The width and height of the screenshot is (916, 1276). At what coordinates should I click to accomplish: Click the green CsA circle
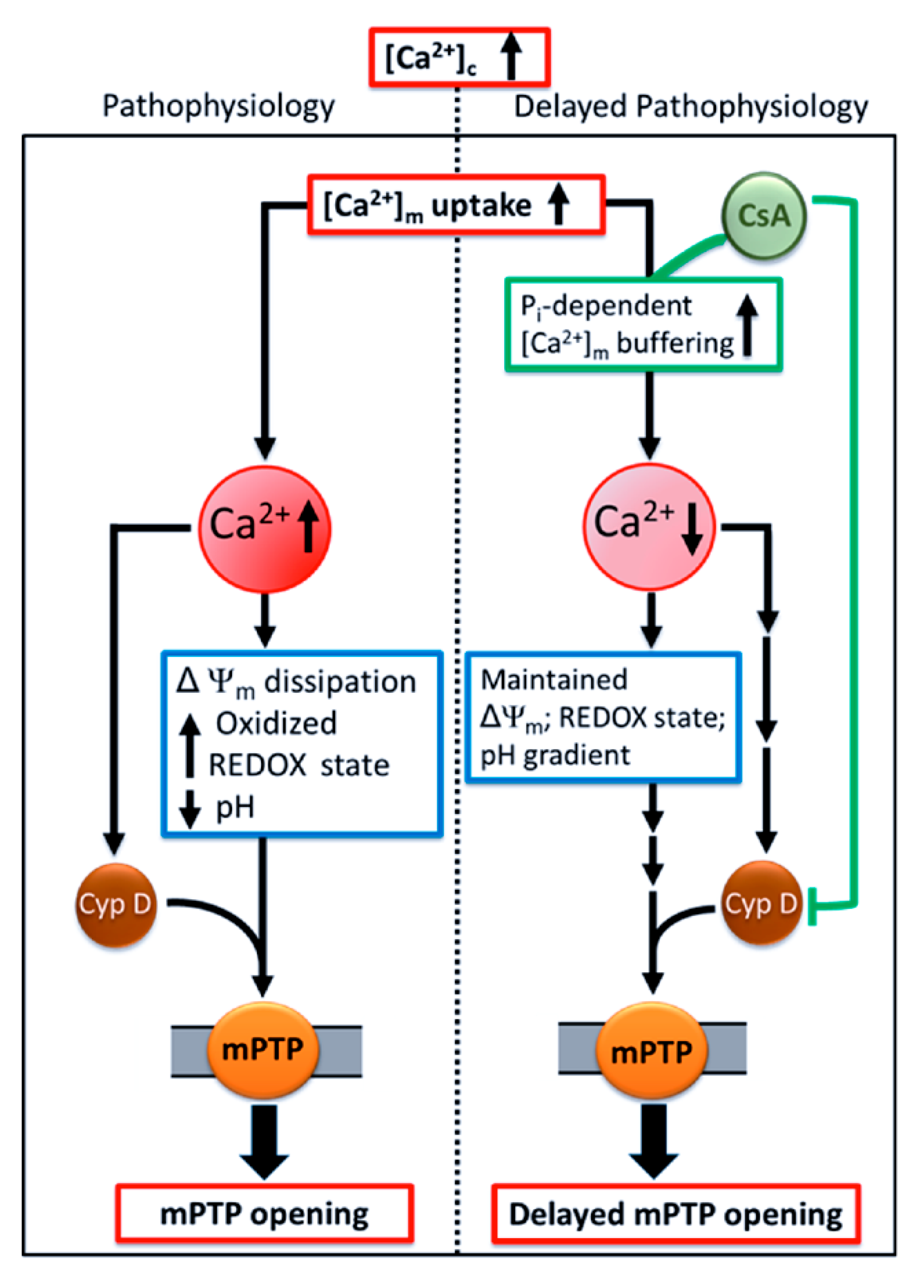tap(764, 216)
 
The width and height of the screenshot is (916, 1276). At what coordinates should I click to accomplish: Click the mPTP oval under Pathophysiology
tap(263, 1050)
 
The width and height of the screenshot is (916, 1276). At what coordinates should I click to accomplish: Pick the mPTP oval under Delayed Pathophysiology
tap(651, 1051)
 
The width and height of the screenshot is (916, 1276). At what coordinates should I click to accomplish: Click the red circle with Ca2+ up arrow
tap(264, 529)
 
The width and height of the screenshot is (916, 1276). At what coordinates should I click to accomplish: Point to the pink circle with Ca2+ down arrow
tap(649, 527)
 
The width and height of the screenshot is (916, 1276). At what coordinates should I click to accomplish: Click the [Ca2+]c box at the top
tap(459, 58)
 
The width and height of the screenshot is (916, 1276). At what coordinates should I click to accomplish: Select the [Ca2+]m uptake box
tap(455, 205)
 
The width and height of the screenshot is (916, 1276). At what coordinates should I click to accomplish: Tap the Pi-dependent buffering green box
tap(643, 325)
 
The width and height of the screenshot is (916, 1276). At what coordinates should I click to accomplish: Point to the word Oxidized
tap(276, 723)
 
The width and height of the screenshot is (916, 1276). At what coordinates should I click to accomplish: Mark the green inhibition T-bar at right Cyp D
tap(812, 906)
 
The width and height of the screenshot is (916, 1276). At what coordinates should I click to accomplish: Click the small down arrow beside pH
tap(190, 809)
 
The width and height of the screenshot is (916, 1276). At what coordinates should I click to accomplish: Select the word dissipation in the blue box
tap(340, 681)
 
